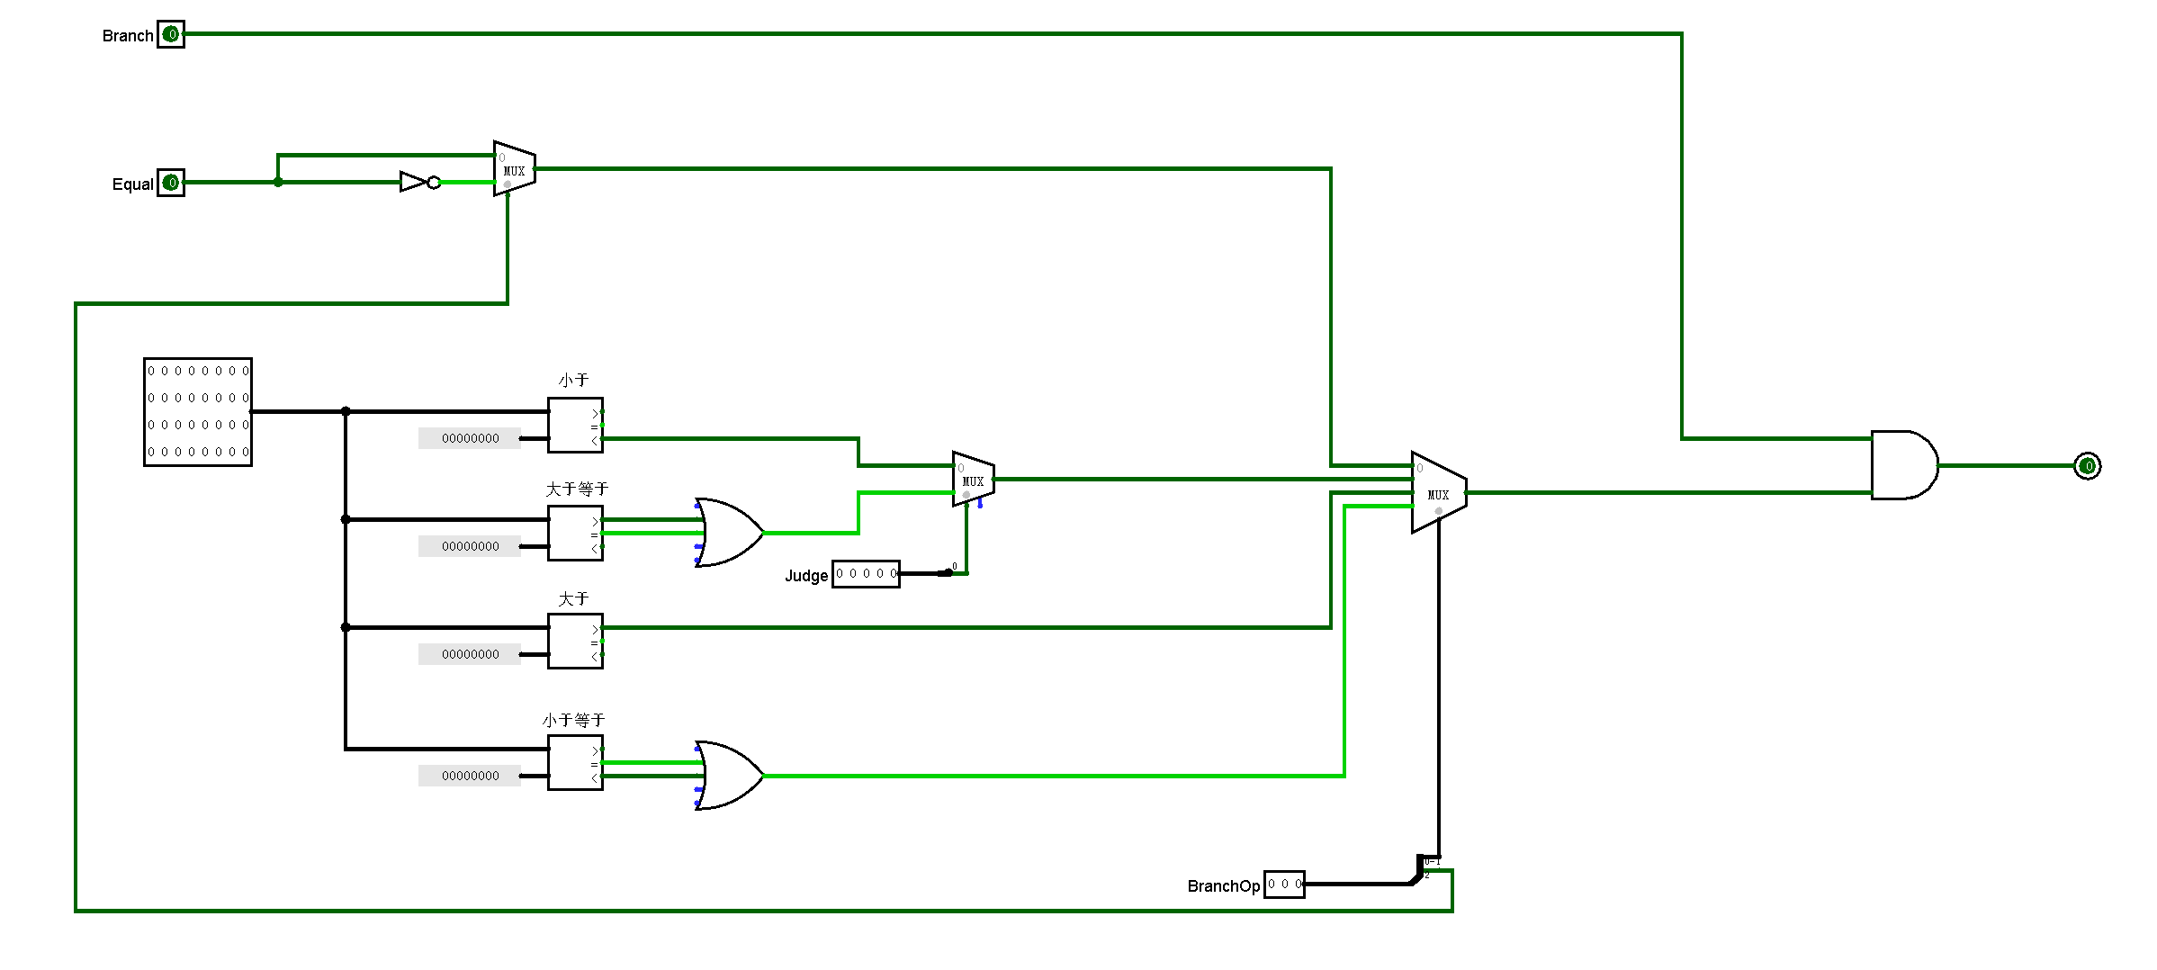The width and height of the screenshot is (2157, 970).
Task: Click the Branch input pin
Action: click(x=171, y=34)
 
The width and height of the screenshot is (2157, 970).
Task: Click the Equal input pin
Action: click(x=171, y=183)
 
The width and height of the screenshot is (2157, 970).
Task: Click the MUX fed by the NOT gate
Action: click(x=514, y=169)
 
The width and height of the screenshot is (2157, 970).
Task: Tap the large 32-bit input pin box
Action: click(x=198, y=412)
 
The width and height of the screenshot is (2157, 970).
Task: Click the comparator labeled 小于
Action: click(x=575, y=426)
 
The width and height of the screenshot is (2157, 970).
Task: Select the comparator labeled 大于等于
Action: click(x=575, y=534)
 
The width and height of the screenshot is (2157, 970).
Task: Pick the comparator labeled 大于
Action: click(x=575, y=642)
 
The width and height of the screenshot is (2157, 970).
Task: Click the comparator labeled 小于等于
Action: click(x=575, y=763)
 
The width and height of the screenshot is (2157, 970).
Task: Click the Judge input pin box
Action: click(x=866, y=573)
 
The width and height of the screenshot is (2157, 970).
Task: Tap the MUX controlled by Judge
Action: click(x=974, y=480)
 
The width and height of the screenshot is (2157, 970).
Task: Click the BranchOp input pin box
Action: click(x=1284, y=884)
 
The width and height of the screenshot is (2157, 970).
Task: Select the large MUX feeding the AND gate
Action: click(x=1438, y=493)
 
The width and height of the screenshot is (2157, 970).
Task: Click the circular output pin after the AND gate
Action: click(x=2087, y=466)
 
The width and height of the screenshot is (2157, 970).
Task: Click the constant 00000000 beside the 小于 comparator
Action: click(x=470, y=438)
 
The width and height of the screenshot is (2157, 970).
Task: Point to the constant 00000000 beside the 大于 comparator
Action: click(x=470, y=654)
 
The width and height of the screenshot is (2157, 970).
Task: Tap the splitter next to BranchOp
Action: click(x=1422, y=869)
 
